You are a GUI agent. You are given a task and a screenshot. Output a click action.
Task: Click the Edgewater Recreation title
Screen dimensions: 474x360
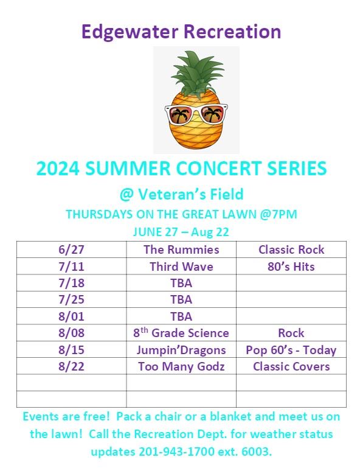pos(181,32)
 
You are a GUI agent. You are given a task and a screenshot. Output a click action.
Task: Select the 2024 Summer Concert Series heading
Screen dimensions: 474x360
pos(181,168)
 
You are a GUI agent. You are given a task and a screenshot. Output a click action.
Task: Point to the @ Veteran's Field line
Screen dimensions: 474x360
pos(181,195)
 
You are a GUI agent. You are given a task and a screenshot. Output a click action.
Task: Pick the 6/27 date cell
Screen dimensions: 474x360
pos(71,249)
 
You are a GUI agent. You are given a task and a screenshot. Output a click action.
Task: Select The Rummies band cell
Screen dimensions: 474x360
pos(181,249)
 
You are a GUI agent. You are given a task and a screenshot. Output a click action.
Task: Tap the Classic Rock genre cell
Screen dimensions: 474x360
pos(291,249)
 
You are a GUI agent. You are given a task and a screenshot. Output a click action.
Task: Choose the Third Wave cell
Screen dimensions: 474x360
pos(181,267)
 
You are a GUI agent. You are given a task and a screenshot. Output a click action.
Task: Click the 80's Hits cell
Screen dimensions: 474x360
pos(291,267)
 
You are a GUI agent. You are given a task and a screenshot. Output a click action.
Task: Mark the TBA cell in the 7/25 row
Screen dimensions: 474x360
pos(181,299)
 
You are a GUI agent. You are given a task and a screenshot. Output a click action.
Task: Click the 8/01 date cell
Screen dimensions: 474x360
pos(71,316)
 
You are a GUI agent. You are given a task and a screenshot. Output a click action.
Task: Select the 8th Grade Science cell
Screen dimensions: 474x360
pos(181,333)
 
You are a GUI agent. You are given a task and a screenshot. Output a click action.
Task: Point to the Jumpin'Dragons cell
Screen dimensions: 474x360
pos(181,350)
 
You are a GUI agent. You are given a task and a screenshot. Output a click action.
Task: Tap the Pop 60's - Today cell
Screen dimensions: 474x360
pos(291,350)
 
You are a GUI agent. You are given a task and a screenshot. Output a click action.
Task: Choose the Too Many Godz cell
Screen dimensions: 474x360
pos(181,366)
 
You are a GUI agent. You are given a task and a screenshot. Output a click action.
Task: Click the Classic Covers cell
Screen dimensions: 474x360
pos(291,366)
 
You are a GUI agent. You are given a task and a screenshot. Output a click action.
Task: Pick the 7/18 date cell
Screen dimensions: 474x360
pos(71,283)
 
